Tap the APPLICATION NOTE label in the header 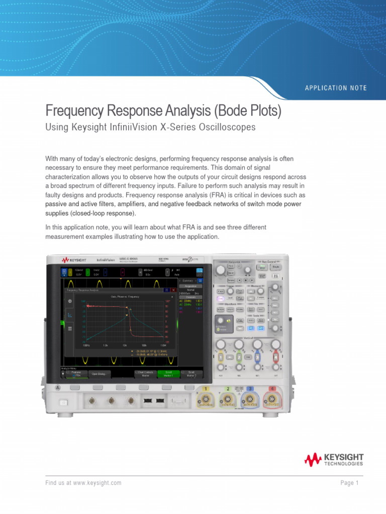point(336,88)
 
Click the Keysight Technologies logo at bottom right point(334,459)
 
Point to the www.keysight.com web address point(97,483)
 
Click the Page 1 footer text point(349,483)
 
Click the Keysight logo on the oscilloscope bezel point(74,260)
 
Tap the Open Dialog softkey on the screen point(99,373)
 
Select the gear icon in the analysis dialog point(70,301)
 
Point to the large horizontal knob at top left point(221,271)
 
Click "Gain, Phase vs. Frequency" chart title point(125,297)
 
